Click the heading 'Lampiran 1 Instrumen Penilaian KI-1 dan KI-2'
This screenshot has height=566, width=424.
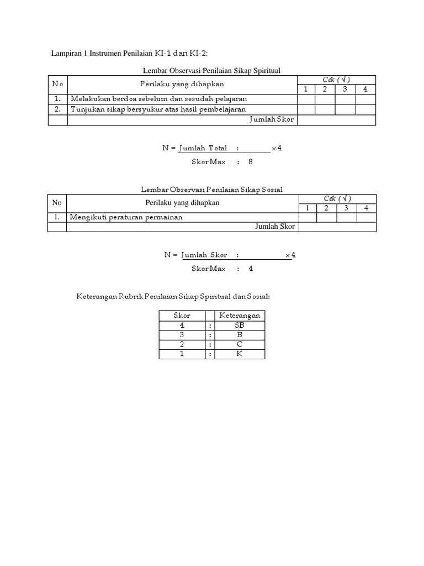pos(130,53)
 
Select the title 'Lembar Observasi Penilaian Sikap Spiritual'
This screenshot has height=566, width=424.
pos(212,70)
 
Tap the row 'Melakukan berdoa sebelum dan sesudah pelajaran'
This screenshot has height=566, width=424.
pos(158,99)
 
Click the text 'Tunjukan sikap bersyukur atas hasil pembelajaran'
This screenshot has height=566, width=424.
pos(158,109)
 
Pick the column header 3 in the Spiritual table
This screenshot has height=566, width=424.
pos(344,90)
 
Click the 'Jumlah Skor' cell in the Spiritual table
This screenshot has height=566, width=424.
pos(272,119)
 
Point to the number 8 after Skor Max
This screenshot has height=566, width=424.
pos(251,163)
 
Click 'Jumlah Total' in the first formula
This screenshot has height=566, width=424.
pos(203,149)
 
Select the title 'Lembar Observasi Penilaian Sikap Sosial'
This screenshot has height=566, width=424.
pos(212,190)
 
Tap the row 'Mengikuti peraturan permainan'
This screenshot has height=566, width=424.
pos(125,217)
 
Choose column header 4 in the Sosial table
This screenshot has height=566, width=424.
pos(365,208)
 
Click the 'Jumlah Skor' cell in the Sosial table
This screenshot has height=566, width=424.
pos(275,227)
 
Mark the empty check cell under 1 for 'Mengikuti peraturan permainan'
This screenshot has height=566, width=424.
pos(308,217)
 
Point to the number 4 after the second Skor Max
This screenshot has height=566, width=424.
pos(251,269)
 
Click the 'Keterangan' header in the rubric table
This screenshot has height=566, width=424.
pos(240,316)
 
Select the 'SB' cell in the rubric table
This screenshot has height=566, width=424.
pos(240,326)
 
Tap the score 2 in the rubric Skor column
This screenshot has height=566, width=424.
pos(182,344)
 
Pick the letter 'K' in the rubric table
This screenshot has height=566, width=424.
pos(240,354)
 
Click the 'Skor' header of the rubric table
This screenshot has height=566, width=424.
pos(182,316)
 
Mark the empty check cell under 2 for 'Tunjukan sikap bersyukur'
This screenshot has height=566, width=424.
pos(325,109)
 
